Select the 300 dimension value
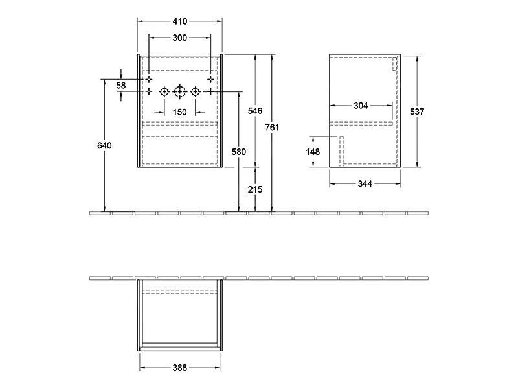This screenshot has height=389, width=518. coord(179,38)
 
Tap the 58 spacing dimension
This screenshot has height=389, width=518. coord(121,85)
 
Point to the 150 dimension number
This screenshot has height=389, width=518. coord(179,112)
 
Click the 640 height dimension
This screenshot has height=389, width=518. coord(104,145)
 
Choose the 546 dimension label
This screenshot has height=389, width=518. coord(255,112)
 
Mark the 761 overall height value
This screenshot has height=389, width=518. coord(273,128)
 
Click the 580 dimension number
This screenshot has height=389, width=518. coord(238,152)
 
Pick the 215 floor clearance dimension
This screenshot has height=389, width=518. coord(255,189)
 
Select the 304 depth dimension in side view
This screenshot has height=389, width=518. coord(361,106)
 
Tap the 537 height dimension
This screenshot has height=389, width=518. coord(417,112)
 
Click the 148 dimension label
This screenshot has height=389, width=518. coord(313,152)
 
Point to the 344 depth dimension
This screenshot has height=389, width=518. coord(365,184)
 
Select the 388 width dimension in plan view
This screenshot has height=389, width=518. coord(179,368)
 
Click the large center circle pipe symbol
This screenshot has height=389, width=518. coord(179,91)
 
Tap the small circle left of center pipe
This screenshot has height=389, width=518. coord(164,91)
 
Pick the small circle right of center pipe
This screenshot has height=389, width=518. coord(195,91)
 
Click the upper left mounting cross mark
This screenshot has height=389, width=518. coord(148,78)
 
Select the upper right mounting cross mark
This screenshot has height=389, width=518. coord(210,78)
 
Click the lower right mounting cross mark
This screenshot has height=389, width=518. coord(210,91)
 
